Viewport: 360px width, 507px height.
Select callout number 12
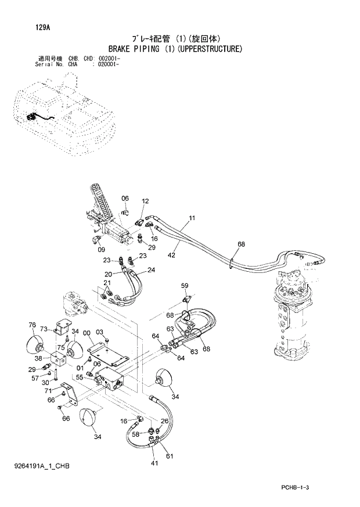pos(145,202)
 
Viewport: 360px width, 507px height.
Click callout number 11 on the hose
pos(190,219)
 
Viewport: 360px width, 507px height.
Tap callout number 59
pos(185,286)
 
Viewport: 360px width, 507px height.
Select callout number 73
pos(44,329)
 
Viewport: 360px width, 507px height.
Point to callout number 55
pos(80,377)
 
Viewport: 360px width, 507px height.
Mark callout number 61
pos(169,456)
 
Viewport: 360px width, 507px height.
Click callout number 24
pos(151,270)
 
